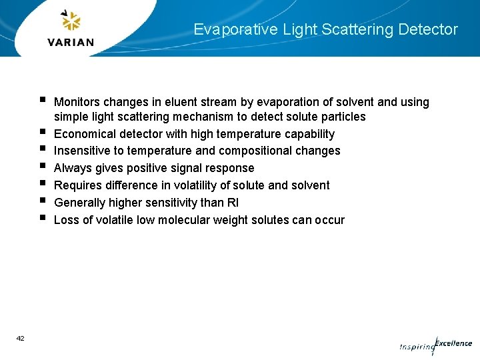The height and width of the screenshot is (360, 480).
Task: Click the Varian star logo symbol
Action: click(x=71, y=21)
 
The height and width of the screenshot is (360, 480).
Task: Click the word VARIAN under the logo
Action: click(x=71, y=42)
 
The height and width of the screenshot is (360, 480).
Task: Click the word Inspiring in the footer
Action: click(x=417, y=347)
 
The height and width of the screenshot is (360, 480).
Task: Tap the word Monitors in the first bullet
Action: click(x=77, y=102)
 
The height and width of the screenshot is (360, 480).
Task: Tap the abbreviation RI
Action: click(x=233, y=203)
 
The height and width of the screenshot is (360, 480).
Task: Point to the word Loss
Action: click(x=66, y=220)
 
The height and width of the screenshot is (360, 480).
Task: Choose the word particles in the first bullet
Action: click(x=343, y=117)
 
